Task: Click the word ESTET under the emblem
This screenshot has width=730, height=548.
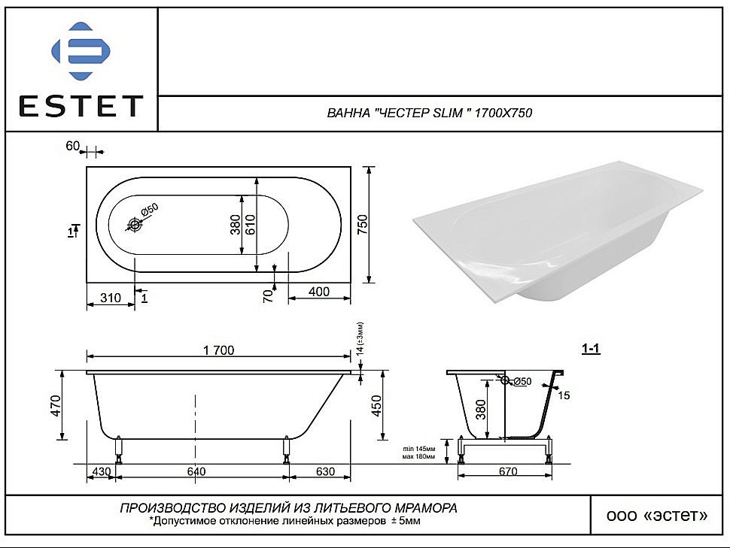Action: click(x=81, y=107)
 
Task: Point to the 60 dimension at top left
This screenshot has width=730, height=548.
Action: click(x=73, y=146)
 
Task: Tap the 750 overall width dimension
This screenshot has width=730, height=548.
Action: click(x=362, y=224)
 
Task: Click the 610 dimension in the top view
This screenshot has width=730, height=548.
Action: click(x=250, y=224)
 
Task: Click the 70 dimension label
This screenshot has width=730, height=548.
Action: click(x=267, y=295)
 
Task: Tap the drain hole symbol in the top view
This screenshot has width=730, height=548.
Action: click(x=135, y=224)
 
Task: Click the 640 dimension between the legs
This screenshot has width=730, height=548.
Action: click(x=196, y=471)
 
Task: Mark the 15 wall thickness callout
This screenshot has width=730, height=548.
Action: click(x=565, y=395)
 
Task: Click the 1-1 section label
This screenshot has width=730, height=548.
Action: click(x=591, y=349)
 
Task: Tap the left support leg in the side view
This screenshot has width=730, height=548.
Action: click(x=119, y=450)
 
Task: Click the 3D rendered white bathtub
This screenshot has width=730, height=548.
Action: click(x=557, y=233)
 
